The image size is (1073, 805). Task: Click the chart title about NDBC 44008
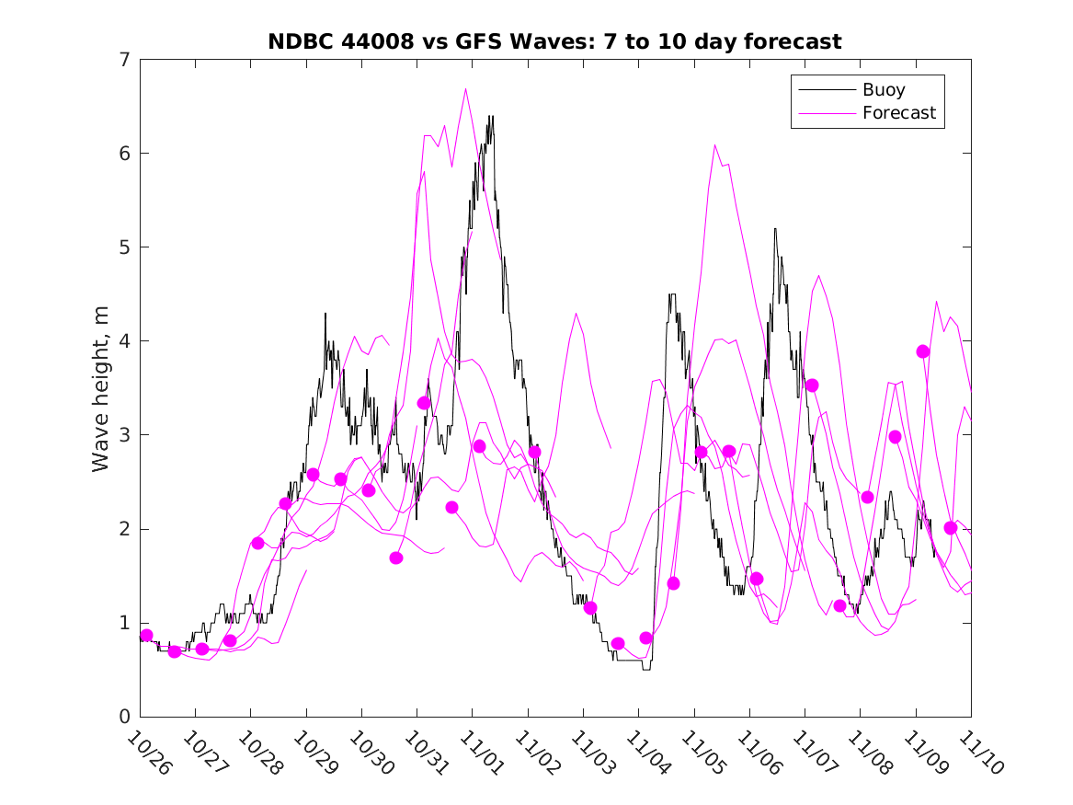pos(554,42)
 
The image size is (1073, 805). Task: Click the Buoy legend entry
pos(883,90)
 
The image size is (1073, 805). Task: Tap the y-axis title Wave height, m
pos(101,387)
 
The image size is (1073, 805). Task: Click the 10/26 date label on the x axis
pos(149,753)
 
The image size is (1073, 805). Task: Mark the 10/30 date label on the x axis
pos(371,753)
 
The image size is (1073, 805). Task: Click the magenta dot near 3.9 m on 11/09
pos(923,351)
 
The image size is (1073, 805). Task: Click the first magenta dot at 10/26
pos(146,636)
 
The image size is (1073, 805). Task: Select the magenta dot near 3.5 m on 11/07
pos(812,385)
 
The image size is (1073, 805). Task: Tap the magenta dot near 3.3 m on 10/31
pos(424,403)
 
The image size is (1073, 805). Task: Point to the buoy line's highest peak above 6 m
pos(491,116)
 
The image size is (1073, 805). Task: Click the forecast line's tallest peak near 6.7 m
pos(466,88)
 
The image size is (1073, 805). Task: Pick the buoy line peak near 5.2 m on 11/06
pos(775,228)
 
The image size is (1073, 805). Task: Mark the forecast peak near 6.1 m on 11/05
pos(714,144)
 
